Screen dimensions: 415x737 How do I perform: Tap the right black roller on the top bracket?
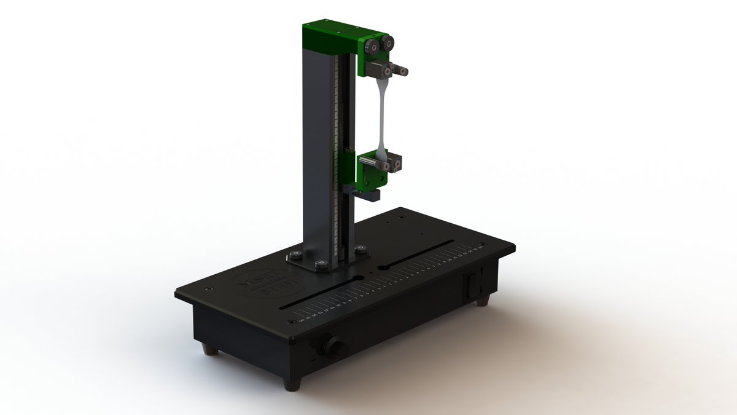pyautogui.click(x=387, y=43)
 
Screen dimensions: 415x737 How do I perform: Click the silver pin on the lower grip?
pyautogui.click(x=372, y=161)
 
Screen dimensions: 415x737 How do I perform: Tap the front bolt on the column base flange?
pyautogui.click(x=321, y=264)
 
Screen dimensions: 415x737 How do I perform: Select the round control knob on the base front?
pyautogui.click(x=335, y=347)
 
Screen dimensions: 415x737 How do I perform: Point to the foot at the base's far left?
pyautogui.click(x=211, y=350)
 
